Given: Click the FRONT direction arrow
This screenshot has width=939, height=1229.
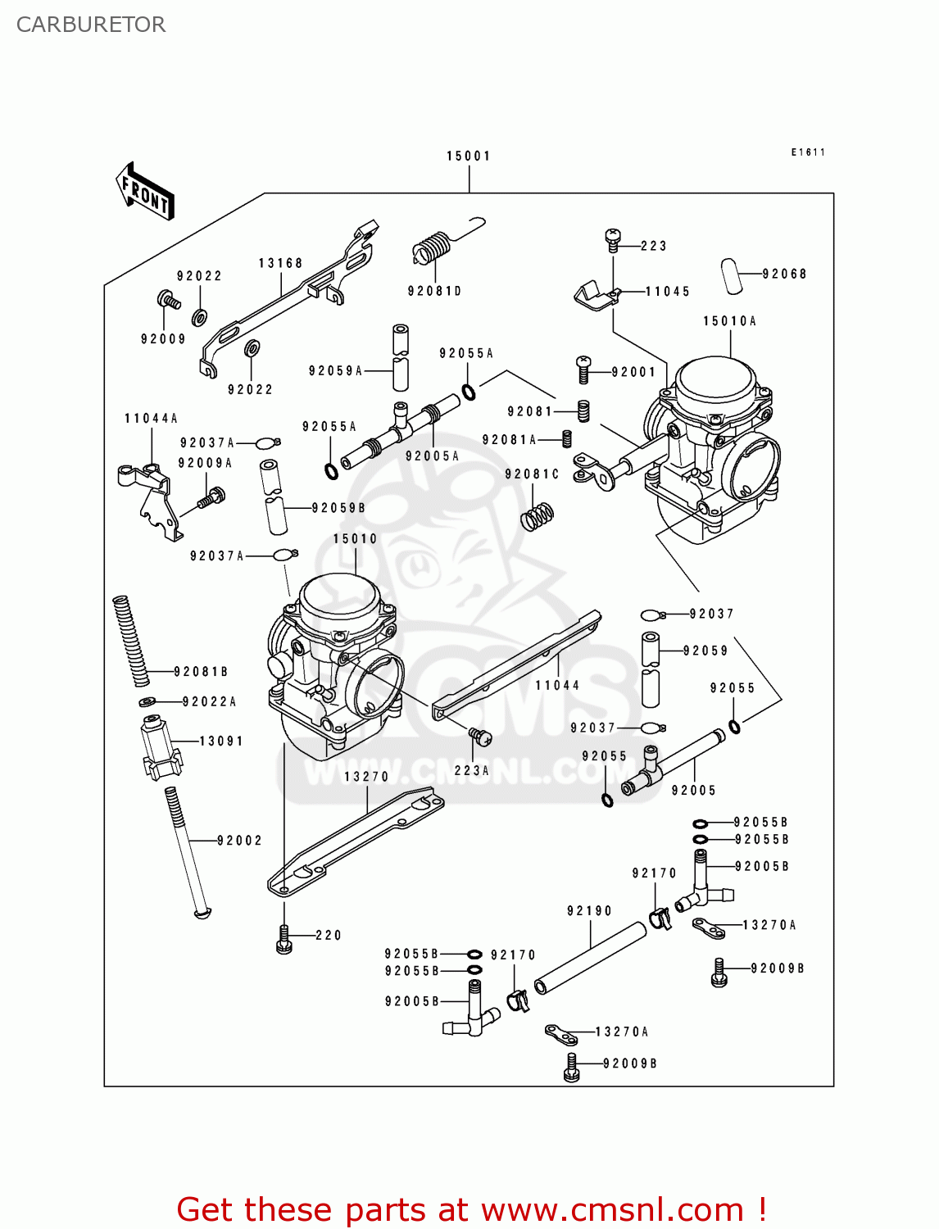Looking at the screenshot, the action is point(145,192).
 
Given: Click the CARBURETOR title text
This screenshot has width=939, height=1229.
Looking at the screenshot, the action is point(91,25).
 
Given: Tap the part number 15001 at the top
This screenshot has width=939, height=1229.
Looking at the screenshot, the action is point(468,156).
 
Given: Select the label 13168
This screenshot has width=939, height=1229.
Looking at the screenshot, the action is point(280,263).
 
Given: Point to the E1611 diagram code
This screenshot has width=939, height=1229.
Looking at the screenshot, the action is point(808,152).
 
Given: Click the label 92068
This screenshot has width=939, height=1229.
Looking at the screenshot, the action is point(784,274).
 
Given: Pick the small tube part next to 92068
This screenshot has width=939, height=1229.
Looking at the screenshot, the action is point(731,275).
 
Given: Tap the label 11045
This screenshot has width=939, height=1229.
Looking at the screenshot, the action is point(668,291).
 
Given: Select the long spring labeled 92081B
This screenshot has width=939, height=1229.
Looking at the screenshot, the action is point(131,641).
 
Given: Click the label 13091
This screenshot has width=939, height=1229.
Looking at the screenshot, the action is point(221,741).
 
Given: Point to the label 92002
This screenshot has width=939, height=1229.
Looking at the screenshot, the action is point(239,841).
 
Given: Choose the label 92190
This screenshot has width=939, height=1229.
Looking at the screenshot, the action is point(589,911).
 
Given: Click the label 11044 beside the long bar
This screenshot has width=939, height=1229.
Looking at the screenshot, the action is point(557,685).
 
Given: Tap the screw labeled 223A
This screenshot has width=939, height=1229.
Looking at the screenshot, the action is point(480,737).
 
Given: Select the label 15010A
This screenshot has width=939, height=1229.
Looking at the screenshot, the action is point(729,321).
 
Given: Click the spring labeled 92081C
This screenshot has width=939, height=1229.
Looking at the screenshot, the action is point(537,515).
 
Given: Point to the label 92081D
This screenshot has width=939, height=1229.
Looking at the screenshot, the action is point(434,291).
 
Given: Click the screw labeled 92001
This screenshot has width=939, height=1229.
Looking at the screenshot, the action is point(583,370).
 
